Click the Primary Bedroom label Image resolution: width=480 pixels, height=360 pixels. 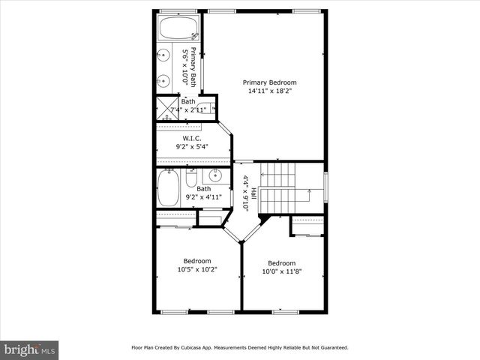(269, 82)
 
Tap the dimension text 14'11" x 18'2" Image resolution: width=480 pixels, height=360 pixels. (269, 91)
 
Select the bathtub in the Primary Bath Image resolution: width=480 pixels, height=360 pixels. (178, 31)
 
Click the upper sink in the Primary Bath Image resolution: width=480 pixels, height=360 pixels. (164, 55)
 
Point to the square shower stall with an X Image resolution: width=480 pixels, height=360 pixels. (163, 110)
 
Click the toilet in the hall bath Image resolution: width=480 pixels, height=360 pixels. (191, 180)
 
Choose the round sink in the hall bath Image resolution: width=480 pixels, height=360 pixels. (215, 177)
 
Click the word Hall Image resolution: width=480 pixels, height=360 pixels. (253, 193)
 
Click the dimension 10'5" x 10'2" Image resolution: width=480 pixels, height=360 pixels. (197, 270)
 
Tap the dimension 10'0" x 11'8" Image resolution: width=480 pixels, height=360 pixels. (281, 272)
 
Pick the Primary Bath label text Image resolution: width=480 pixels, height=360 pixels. (193, 67)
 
